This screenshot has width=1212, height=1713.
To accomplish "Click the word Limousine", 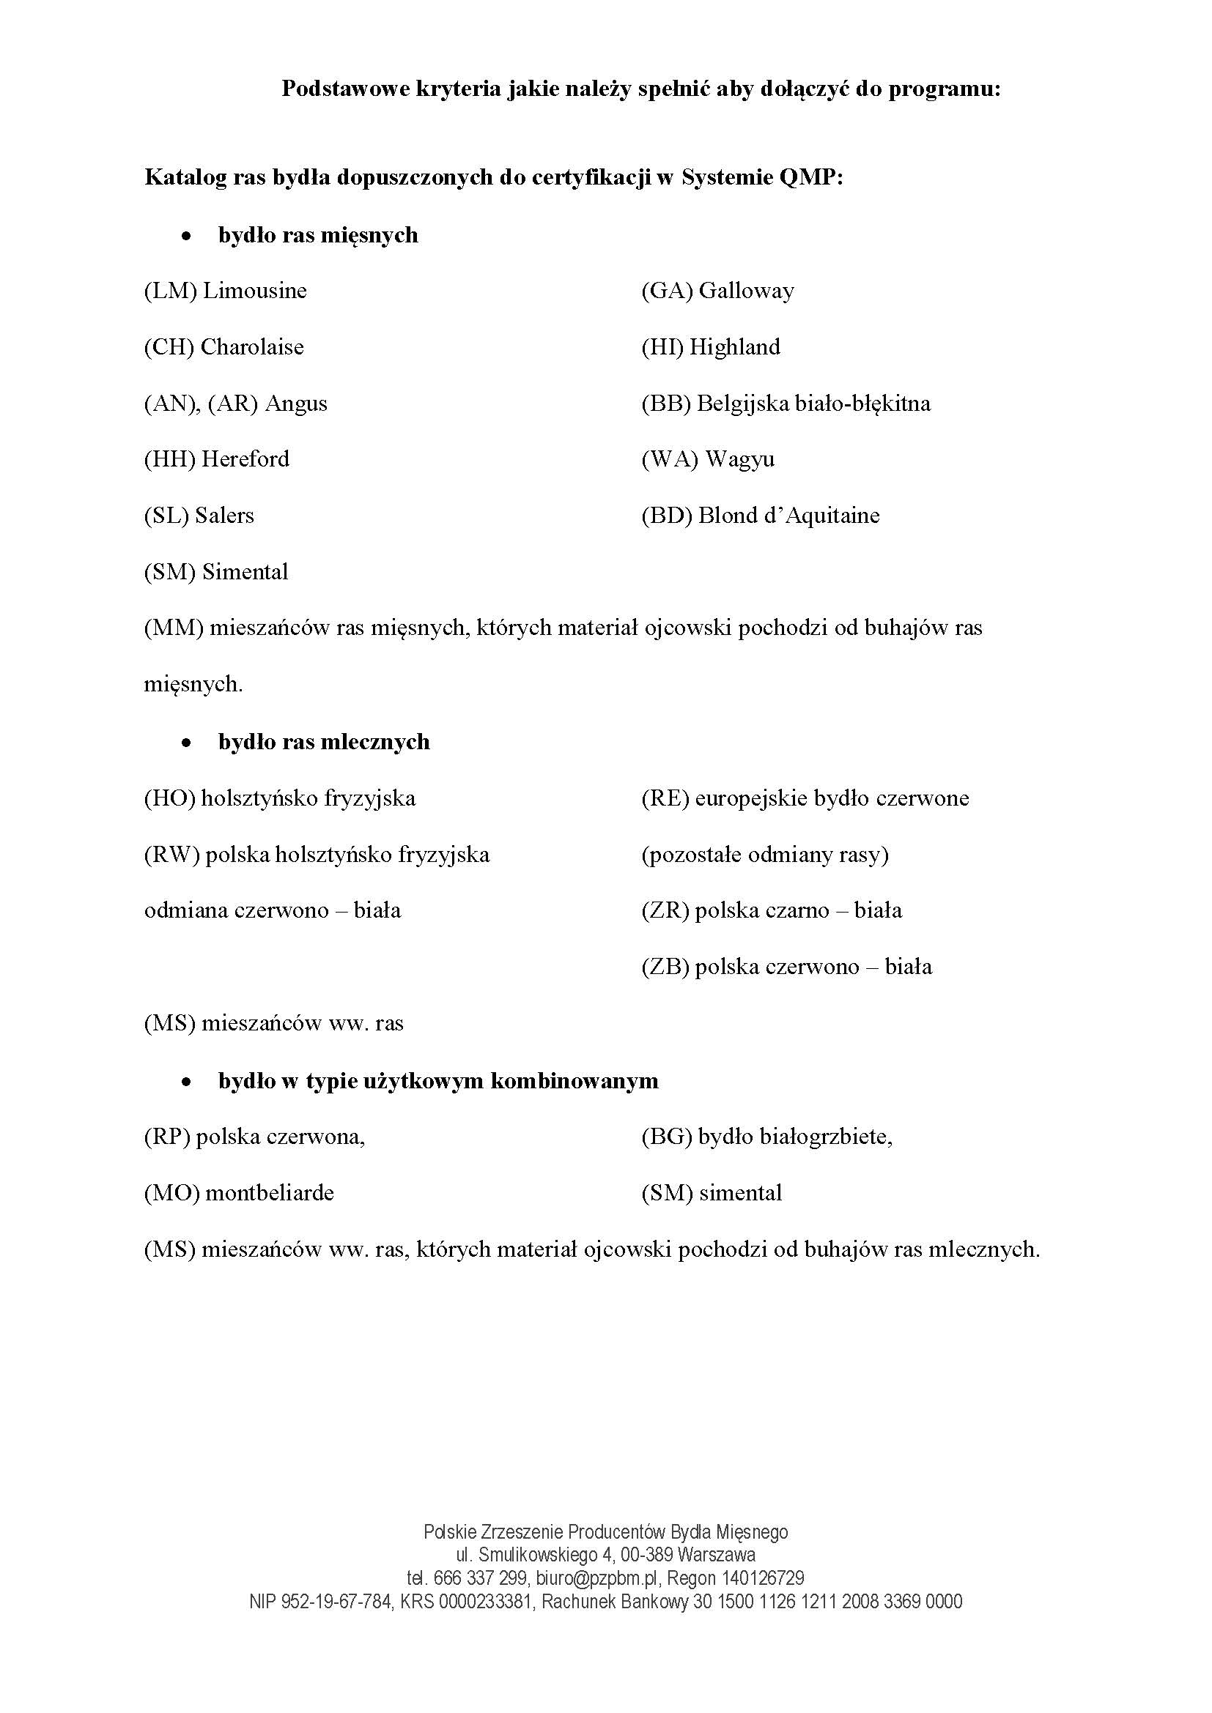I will [254, 290].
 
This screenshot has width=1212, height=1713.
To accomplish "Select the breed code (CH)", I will [169, 347].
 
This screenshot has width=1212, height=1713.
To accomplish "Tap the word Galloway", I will [746, 290].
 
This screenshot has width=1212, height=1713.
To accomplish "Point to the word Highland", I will [735, 347].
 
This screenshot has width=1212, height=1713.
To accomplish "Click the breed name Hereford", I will [245, 459].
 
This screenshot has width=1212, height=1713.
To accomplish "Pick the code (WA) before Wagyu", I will [670, 459].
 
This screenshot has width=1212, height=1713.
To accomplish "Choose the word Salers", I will [225, 516].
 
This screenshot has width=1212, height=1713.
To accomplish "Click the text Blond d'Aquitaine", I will [789, 516].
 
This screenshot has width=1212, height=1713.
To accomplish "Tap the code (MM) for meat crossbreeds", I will [174, 628].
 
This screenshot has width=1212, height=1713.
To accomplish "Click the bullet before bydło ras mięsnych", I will [187, 236].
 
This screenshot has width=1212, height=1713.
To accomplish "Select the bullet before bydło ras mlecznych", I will [187, 743].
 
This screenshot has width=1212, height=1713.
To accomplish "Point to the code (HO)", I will [169, 798].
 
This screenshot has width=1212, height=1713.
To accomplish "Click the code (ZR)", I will [665, 910].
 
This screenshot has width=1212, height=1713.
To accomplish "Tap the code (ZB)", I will [665, 967].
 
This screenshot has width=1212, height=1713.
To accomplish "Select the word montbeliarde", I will [270, 1192].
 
